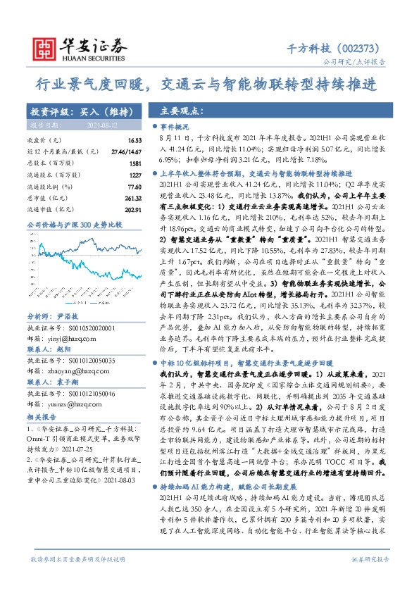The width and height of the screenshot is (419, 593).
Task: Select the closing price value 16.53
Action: pos(135,142)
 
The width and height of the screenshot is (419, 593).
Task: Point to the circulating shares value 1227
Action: pos(134,174)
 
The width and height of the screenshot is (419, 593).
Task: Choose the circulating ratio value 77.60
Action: pos(134,187)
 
